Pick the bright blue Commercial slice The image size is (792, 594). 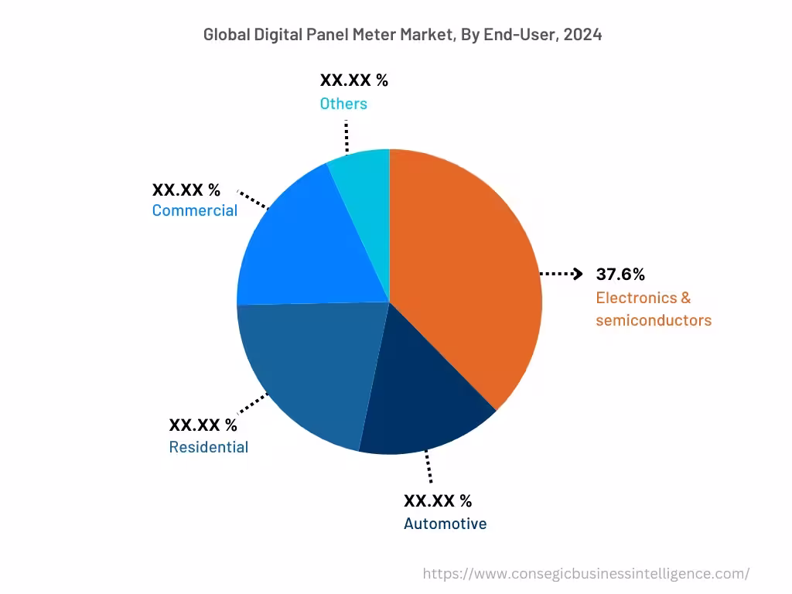[302, 240]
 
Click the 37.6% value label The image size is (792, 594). [620, 274]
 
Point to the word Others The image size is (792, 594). [343, 103]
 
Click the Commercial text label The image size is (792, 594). [195, 210]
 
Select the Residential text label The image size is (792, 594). [209, 447]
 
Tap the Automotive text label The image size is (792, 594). [445, 524]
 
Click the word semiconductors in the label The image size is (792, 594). [654, 320]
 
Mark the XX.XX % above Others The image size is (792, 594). [353, 80]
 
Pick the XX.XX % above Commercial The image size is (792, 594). [186, 189]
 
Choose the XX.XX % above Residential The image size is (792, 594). [203, 425]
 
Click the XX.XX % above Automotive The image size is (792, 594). [438, 500]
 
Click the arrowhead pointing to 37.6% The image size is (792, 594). [577, 274]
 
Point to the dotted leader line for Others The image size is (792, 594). [347, 135]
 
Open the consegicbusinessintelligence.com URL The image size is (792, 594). [586, 573]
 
